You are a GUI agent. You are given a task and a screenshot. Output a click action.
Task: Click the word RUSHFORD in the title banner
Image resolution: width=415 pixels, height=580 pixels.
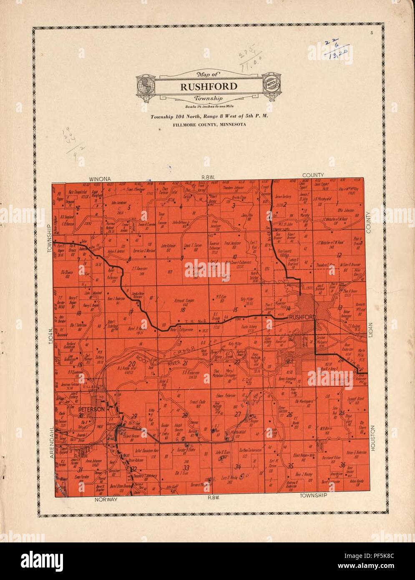pyautogui.click(x=203, y=87)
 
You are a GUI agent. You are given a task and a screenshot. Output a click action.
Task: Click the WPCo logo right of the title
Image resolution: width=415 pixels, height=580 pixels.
pyautogui.click(x=267, y=86)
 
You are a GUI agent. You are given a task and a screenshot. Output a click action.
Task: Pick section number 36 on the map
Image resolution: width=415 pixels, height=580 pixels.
pyautogui.click(x=342, y=465)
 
